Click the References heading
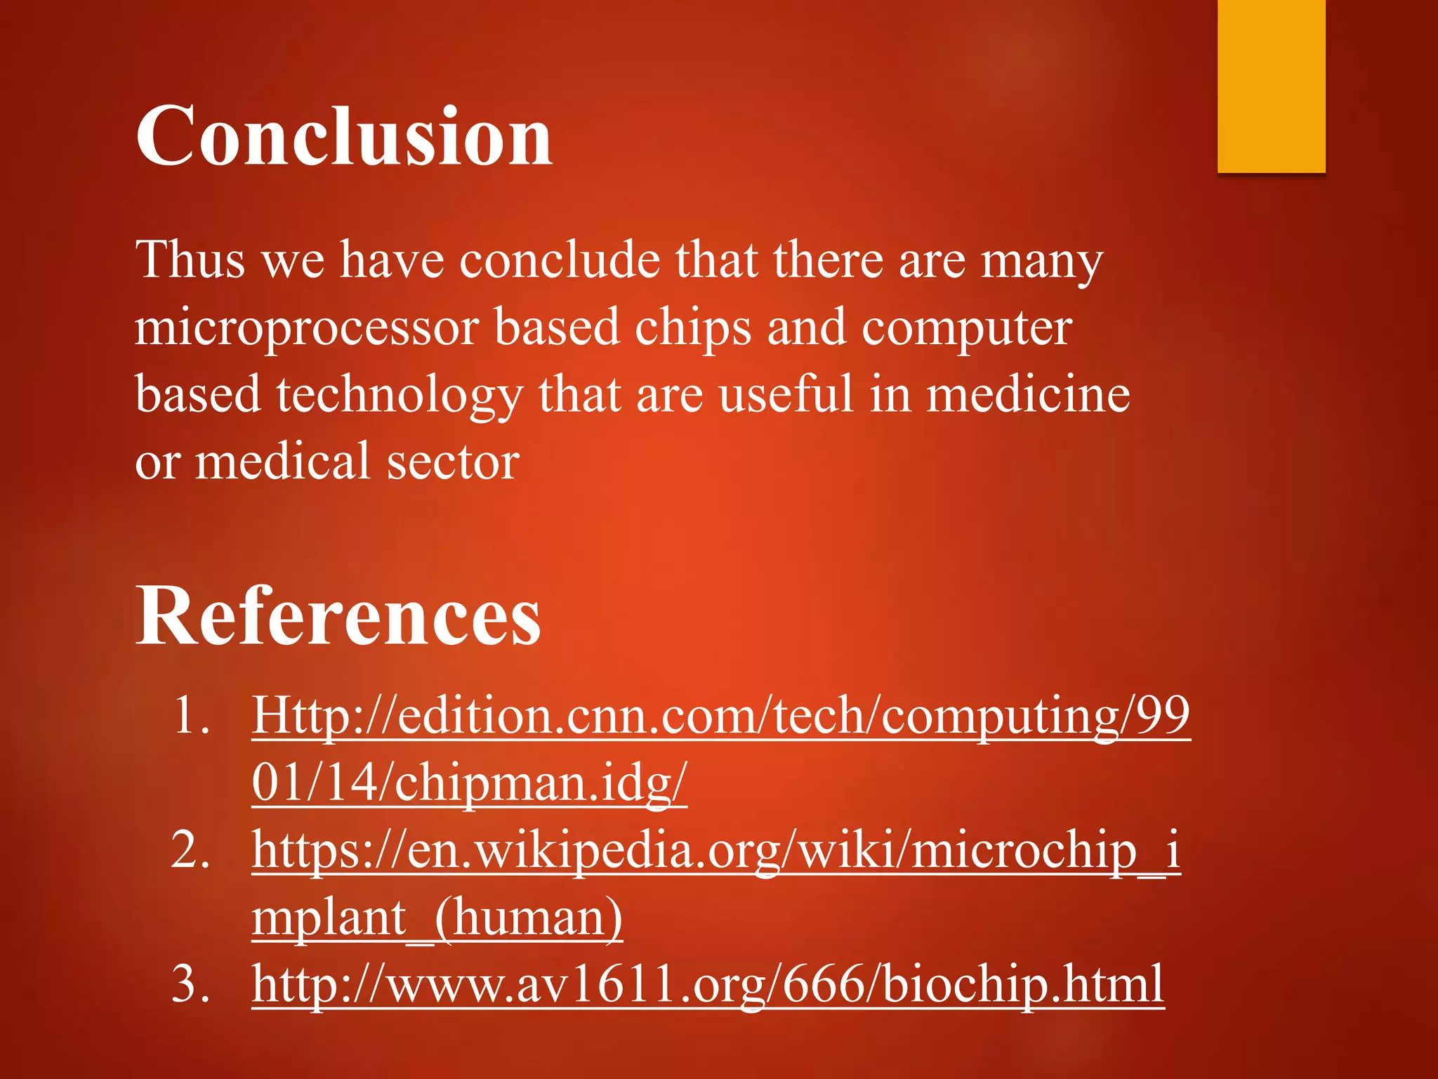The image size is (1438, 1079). coord(338,616)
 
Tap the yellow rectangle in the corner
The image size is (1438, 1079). coord(1271,86)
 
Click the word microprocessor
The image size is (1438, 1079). coord(308,328)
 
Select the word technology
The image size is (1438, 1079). coord(399,395)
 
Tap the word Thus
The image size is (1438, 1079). coord(190,260)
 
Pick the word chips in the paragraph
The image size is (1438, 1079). coord(692,328)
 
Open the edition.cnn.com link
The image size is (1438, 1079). coord(720,716)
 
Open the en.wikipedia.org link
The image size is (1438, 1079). coord(715,850)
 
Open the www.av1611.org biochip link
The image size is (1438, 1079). coord(708,984)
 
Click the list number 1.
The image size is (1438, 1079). coord(190,716)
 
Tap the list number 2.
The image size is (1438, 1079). coord(190,850)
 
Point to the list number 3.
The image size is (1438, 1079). coord(190,984)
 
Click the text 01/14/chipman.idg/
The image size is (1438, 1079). coord(469,783)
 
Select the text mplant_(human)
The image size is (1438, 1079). coord(437,917)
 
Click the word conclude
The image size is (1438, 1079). coord(560,260)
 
